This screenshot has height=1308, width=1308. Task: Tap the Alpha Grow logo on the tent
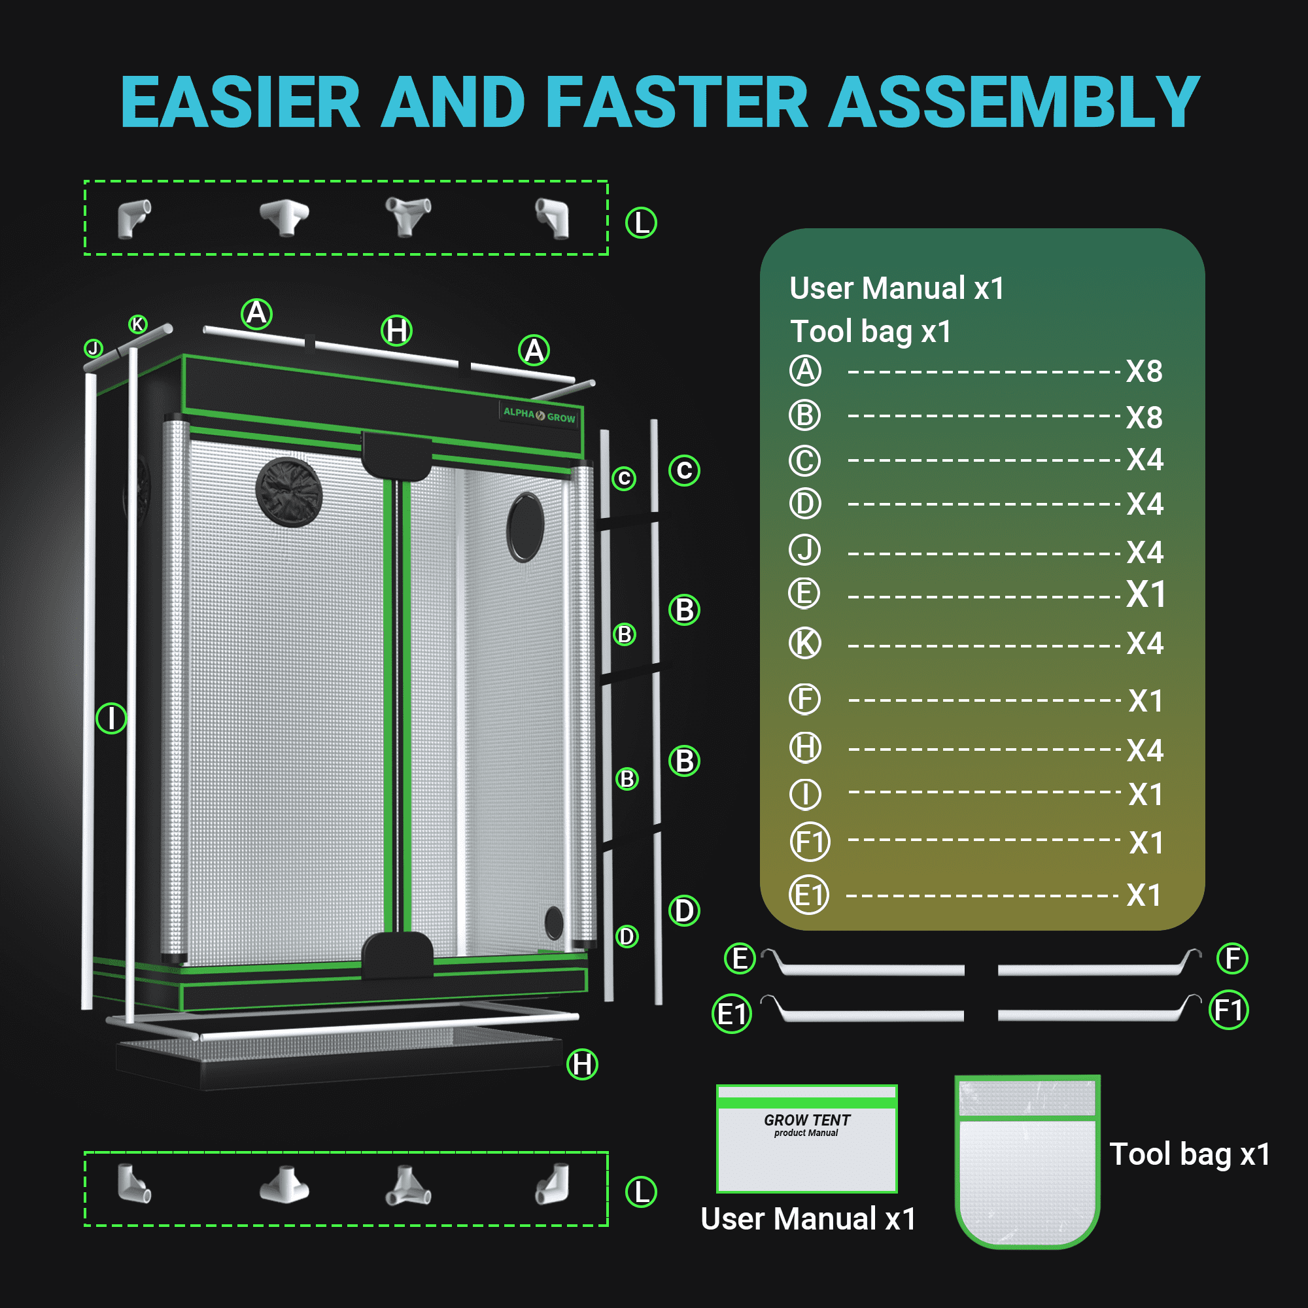(539, 415)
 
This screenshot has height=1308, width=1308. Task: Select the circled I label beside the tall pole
(111, 718)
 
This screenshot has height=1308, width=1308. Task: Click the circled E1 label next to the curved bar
(732, 1014)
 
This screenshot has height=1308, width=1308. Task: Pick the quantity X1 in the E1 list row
(1143, 895)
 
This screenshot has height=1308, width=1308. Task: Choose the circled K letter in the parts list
(805, 642)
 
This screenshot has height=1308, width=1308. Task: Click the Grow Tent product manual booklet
(807, 1138)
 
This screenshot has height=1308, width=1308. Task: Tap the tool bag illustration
(1027, 1161)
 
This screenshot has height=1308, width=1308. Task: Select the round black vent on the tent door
(289, 492)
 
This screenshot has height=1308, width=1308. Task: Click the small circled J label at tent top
(94, 348)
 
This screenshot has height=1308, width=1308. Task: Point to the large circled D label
(684, 910)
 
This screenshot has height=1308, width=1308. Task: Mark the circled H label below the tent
(582, 1064)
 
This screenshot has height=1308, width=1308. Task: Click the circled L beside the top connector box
(641, 223)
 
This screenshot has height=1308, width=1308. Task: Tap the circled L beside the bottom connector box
(641, 1192)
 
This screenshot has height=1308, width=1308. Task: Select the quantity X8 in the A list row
(1144, 371)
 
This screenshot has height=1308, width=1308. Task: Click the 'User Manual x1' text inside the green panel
(897, 288)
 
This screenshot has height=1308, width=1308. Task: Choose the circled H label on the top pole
(397, 330)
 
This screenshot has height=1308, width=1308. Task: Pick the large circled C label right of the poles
(684, 470)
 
